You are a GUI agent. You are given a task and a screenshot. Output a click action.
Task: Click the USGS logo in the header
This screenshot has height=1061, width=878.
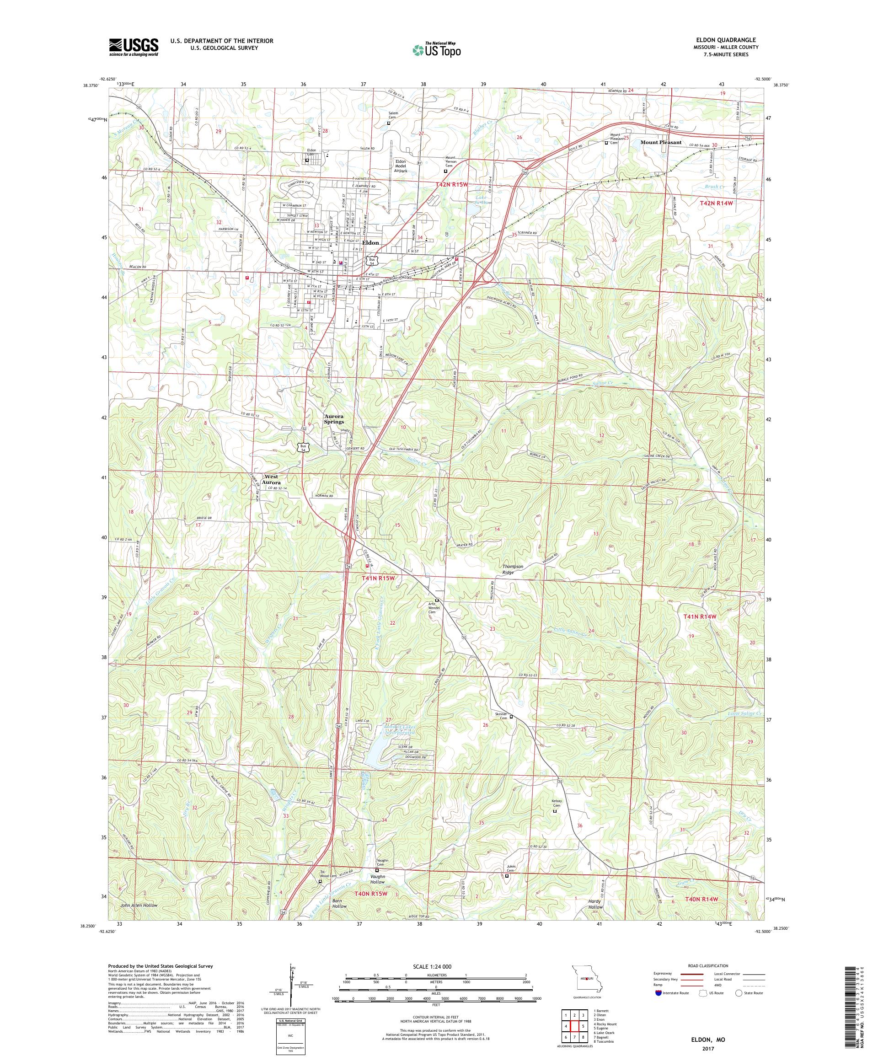(x=134, y=48)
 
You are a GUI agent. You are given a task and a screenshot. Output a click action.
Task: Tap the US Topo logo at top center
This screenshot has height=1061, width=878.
(x=436, y=49)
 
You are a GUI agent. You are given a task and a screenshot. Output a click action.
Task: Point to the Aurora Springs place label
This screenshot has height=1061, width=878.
(x=333, y=418)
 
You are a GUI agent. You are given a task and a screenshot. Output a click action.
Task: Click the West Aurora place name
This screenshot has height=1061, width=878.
(x=271, y=479)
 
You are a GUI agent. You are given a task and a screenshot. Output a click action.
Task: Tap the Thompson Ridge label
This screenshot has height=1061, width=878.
(x=513, y=569)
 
